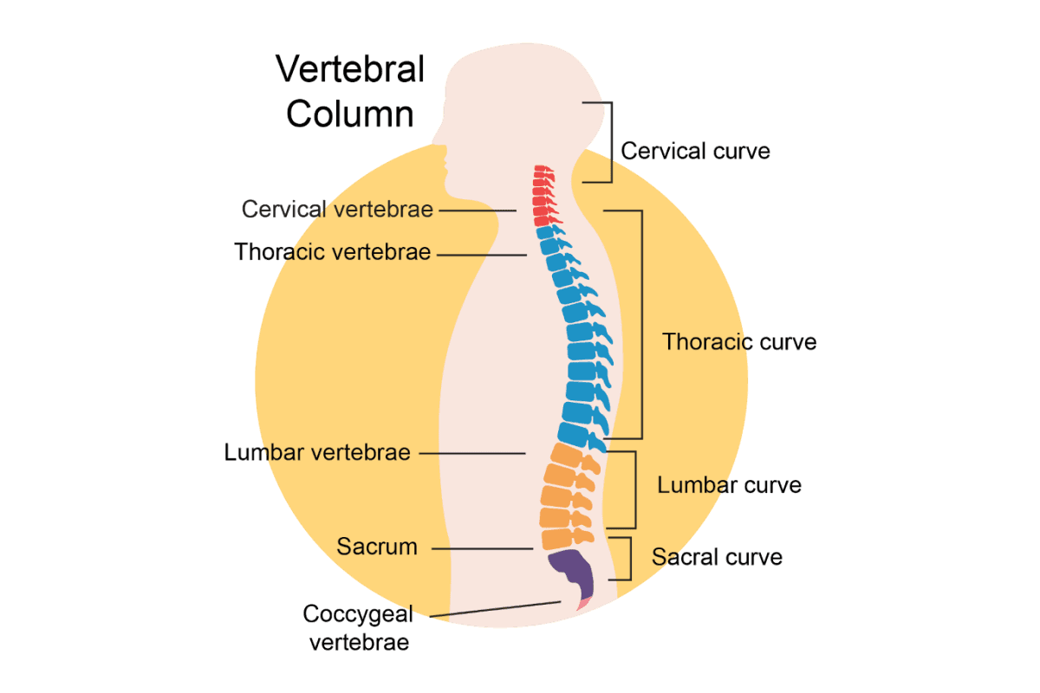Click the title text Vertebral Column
[351, 91]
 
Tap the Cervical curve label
[695, 151]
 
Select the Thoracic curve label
[739, 341]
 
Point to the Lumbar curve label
[729, 485]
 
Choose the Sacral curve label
[718, 556]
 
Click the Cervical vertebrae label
[337, 209]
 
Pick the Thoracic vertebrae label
[333, 252]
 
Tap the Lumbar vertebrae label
[317, 452]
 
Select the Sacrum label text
[377, 547]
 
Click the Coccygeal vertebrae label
[358, 628]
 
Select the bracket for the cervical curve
[612, 142]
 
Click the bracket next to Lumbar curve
[635, 489]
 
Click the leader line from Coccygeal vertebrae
[494, 610]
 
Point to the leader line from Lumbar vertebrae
[472, 453]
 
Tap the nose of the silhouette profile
[442, 159]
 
